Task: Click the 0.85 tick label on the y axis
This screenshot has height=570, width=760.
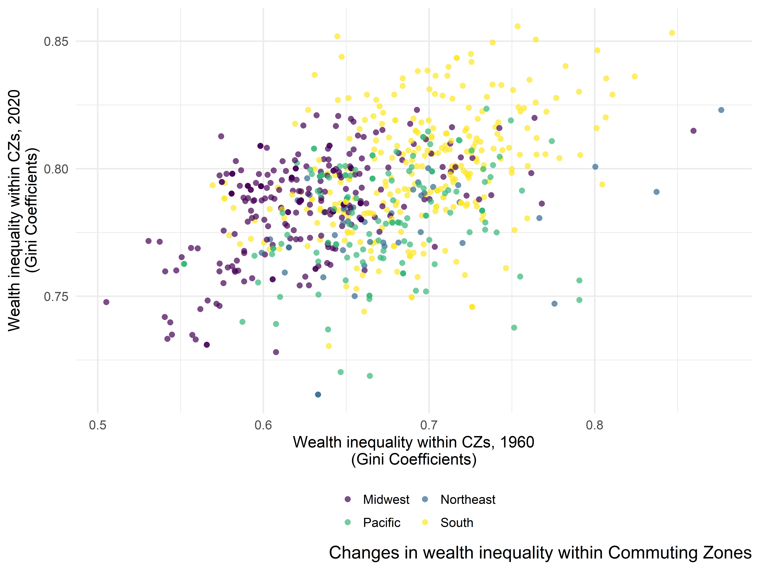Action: tap(56, 42)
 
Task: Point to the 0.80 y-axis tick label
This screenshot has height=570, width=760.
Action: tap(56, 169)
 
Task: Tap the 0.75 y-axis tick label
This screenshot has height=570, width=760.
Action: tap(56, 297)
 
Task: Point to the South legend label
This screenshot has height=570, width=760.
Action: tap(457, 523)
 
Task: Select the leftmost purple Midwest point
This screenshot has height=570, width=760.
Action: tap(106, 302)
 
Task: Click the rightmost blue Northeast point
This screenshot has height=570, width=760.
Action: tap(721, 110)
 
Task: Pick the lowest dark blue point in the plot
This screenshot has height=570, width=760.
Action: tap(318, 394)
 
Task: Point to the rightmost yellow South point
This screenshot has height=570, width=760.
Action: tap(672, 33)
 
